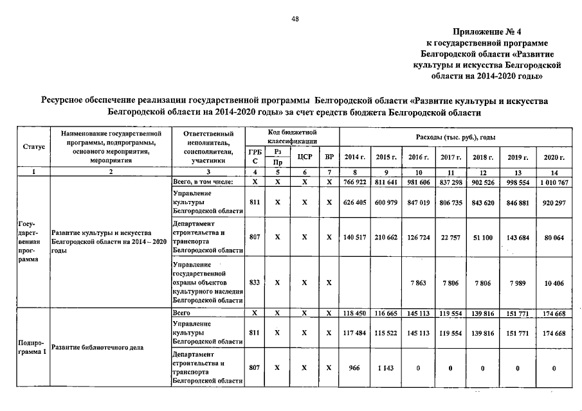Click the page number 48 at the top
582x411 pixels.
coord(295,19)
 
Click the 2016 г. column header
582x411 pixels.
coord(419,157)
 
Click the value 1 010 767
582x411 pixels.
coord(553,182)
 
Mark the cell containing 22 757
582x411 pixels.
coord(450,237)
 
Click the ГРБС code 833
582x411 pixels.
coord(255,282)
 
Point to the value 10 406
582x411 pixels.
coord(554,282)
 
